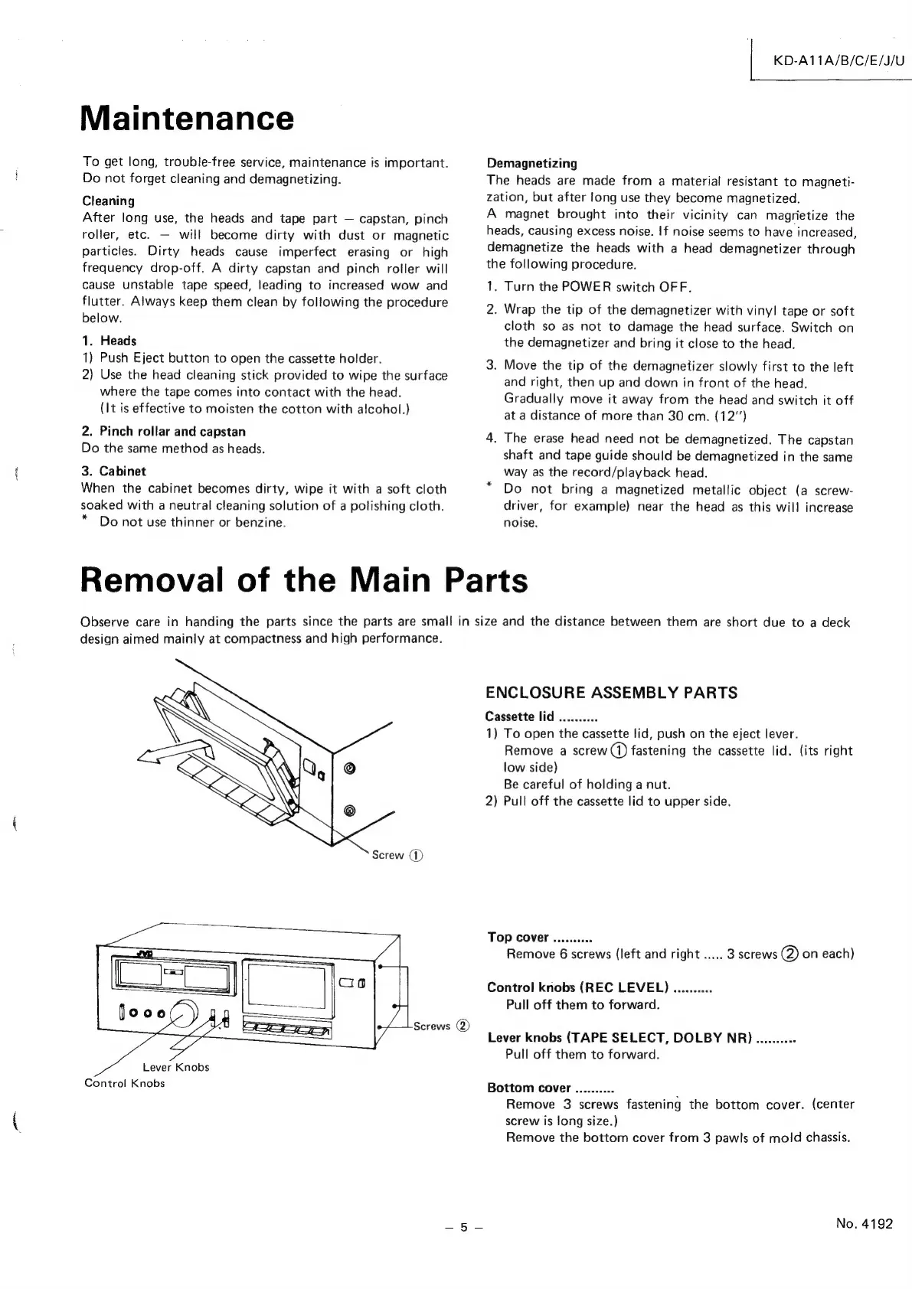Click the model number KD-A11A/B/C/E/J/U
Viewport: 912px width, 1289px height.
[x=839, y=60]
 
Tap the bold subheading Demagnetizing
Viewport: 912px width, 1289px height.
[x=532, y=163]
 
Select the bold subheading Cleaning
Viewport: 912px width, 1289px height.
[x=108, y=201]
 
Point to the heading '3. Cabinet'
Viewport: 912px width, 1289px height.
[x=113, y=471]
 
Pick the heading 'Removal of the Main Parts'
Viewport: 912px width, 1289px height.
[x=304, y=579]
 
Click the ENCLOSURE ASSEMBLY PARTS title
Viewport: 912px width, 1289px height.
[x=611, y=693]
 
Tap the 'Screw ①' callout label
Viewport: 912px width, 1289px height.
[x=397, y=855]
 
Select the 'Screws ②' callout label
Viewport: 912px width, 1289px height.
[x=440, y=1026]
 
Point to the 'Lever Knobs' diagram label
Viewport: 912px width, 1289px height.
[x=175, y=1067]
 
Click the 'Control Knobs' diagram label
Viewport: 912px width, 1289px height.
[x=124, y=1083]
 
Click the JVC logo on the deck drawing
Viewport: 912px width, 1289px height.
[x=145, y=953]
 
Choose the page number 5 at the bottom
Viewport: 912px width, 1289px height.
[x=463, y=1227]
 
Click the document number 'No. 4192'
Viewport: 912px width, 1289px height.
[x=865, y=1223]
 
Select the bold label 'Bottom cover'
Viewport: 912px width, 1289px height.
[x=528, y=1088]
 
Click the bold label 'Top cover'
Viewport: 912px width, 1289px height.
[x=518, y=938]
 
